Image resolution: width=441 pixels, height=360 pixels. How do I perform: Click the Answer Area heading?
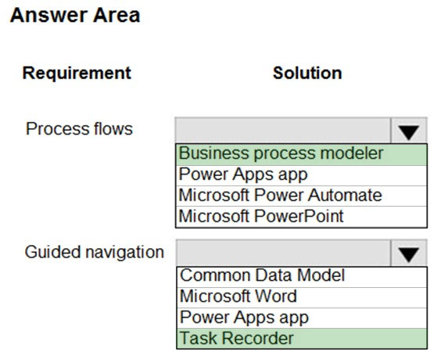75,15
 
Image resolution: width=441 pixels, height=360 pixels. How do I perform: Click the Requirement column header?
77,74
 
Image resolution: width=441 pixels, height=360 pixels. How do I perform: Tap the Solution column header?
307,74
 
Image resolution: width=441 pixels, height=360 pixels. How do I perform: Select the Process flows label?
79,129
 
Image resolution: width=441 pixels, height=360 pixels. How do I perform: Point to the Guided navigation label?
94,252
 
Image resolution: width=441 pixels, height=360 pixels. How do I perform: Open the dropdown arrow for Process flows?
409,131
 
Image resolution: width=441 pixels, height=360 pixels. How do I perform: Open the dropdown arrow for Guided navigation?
409,253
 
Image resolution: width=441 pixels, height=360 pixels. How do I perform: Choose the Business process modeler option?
281,153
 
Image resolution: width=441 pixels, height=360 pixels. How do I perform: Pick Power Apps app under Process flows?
243,175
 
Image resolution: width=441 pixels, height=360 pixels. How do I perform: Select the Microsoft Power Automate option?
281,195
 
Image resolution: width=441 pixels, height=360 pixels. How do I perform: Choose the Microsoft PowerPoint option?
261,216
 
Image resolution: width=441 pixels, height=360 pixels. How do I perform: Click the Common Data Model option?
262,275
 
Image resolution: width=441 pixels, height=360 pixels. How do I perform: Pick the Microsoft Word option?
238,296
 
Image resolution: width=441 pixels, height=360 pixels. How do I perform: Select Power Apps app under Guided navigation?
244,318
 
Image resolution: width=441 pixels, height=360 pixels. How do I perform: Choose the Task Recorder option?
237,338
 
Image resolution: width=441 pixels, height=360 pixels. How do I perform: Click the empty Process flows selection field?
282,131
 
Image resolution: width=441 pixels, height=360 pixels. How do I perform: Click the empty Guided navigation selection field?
283,253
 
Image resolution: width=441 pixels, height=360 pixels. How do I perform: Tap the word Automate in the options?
345,195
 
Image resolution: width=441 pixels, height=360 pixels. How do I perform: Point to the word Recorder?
257,338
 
